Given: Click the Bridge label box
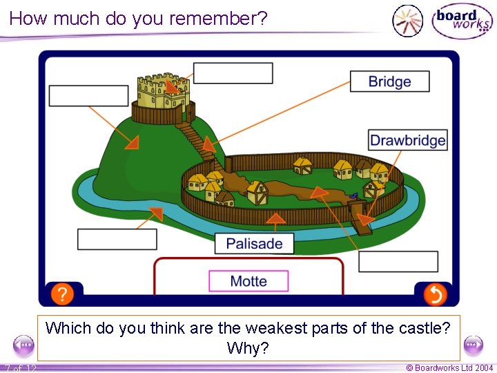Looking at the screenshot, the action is [x=389, y=82].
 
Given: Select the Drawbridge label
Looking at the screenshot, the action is [x=407, y=140].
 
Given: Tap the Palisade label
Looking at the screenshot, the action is [x=254, y=243].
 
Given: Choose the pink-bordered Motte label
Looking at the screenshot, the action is [x=248, y=281].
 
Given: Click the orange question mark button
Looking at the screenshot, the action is [x=61, y=294].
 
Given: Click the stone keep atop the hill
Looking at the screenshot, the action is [x=164, y=91].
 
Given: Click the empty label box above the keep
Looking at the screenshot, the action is [x=233, y=73].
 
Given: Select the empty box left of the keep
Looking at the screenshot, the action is [x=89, y=96].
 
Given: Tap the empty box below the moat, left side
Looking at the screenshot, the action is [x=117, y=239].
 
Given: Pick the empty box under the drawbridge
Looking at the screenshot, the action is [x=398, y=262].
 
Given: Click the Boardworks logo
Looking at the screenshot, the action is [x=461, y=21].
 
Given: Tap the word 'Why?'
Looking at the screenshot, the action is [x=248, y=348].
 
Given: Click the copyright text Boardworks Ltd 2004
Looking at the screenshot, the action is [x=449, y=368].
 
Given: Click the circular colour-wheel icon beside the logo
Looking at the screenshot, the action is [x=407, y=21].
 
